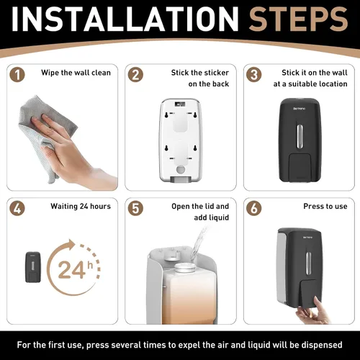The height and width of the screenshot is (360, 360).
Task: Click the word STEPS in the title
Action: [x=299, y=19]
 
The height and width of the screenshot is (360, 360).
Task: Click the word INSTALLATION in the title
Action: [x=125, y=19]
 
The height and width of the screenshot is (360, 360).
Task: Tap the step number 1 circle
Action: [x=17, y=75]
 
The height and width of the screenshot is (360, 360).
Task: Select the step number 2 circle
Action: [x=135, y=75]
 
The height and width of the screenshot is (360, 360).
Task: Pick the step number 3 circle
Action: [x=254, y=75]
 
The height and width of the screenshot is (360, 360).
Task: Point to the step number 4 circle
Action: [x=17, y=208]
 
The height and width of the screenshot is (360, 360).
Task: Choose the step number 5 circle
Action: [x=135, y=208]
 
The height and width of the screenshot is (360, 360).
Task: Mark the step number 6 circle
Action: [x=254, y=208]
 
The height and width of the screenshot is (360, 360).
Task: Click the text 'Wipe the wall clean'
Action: [x=76, y=73]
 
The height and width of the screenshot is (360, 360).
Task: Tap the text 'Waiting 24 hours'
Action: [x=81, y=207]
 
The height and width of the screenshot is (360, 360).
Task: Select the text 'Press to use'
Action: [x=325, y=206]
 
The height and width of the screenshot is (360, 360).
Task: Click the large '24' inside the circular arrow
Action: [x=71, y=270]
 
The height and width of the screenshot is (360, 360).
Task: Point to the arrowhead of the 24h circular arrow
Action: [x=71, y=245]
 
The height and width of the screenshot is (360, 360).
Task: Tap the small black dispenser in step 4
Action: [x=33, y=267]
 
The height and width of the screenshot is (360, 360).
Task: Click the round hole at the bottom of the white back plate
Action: [x=181, y=169]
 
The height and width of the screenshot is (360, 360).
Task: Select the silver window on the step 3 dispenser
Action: [x=300, y=136]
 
